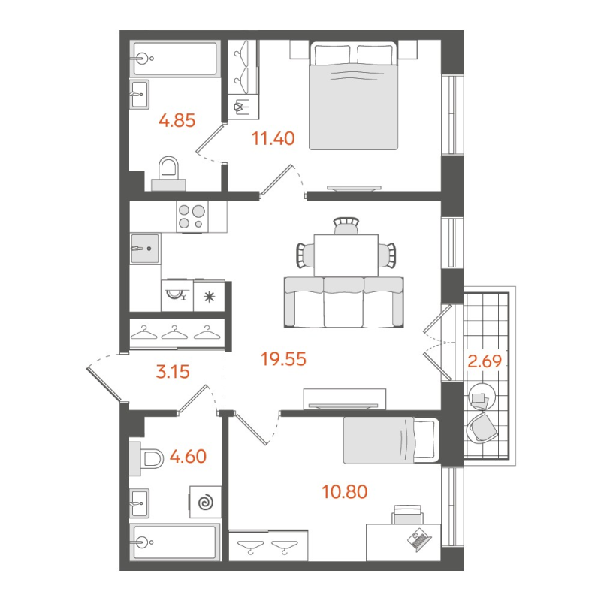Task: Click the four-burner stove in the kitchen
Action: click(191, 216)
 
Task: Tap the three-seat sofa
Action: click(343, 301)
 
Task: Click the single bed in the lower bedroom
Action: click(389, 440)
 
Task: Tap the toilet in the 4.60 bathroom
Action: click(147, 458)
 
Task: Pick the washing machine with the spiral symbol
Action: click(204, 501)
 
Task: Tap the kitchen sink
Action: click(144, 248)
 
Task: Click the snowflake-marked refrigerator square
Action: click(209, 296)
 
